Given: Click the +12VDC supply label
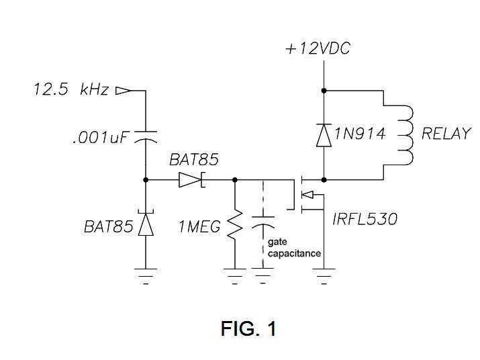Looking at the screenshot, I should (318, 48).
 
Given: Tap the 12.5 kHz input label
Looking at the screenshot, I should (71, 89).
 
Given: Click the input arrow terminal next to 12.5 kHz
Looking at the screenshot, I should (123, 89).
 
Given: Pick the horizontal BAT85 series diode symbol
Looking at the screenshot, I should (191, 180).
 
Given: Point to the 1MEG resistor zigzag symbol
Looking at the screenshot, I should (235, 226).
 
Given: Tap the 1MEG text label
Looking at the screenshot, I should (199, 227).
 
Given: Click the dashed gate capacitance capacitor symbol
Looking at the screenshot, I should (262, 224).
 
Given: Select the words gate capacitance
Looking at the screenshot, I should (293, 247).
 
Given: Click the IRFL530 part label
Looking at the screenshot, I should (365, 219).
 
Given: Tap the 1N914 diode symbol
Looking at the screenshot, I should (324, 135).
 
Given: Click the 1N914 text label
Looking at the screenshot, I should (361, 134).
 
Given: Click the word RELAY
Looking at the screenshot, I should (446, 134).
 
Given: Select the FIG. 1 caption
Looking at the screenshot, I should (248, 328).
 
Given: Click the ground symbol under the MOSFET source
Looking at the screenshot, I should (324, 273).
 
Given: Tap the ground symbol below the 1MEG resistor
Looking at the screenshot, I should (235, 273).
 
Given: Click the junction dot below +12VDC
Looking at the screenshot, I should (324, 89).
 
